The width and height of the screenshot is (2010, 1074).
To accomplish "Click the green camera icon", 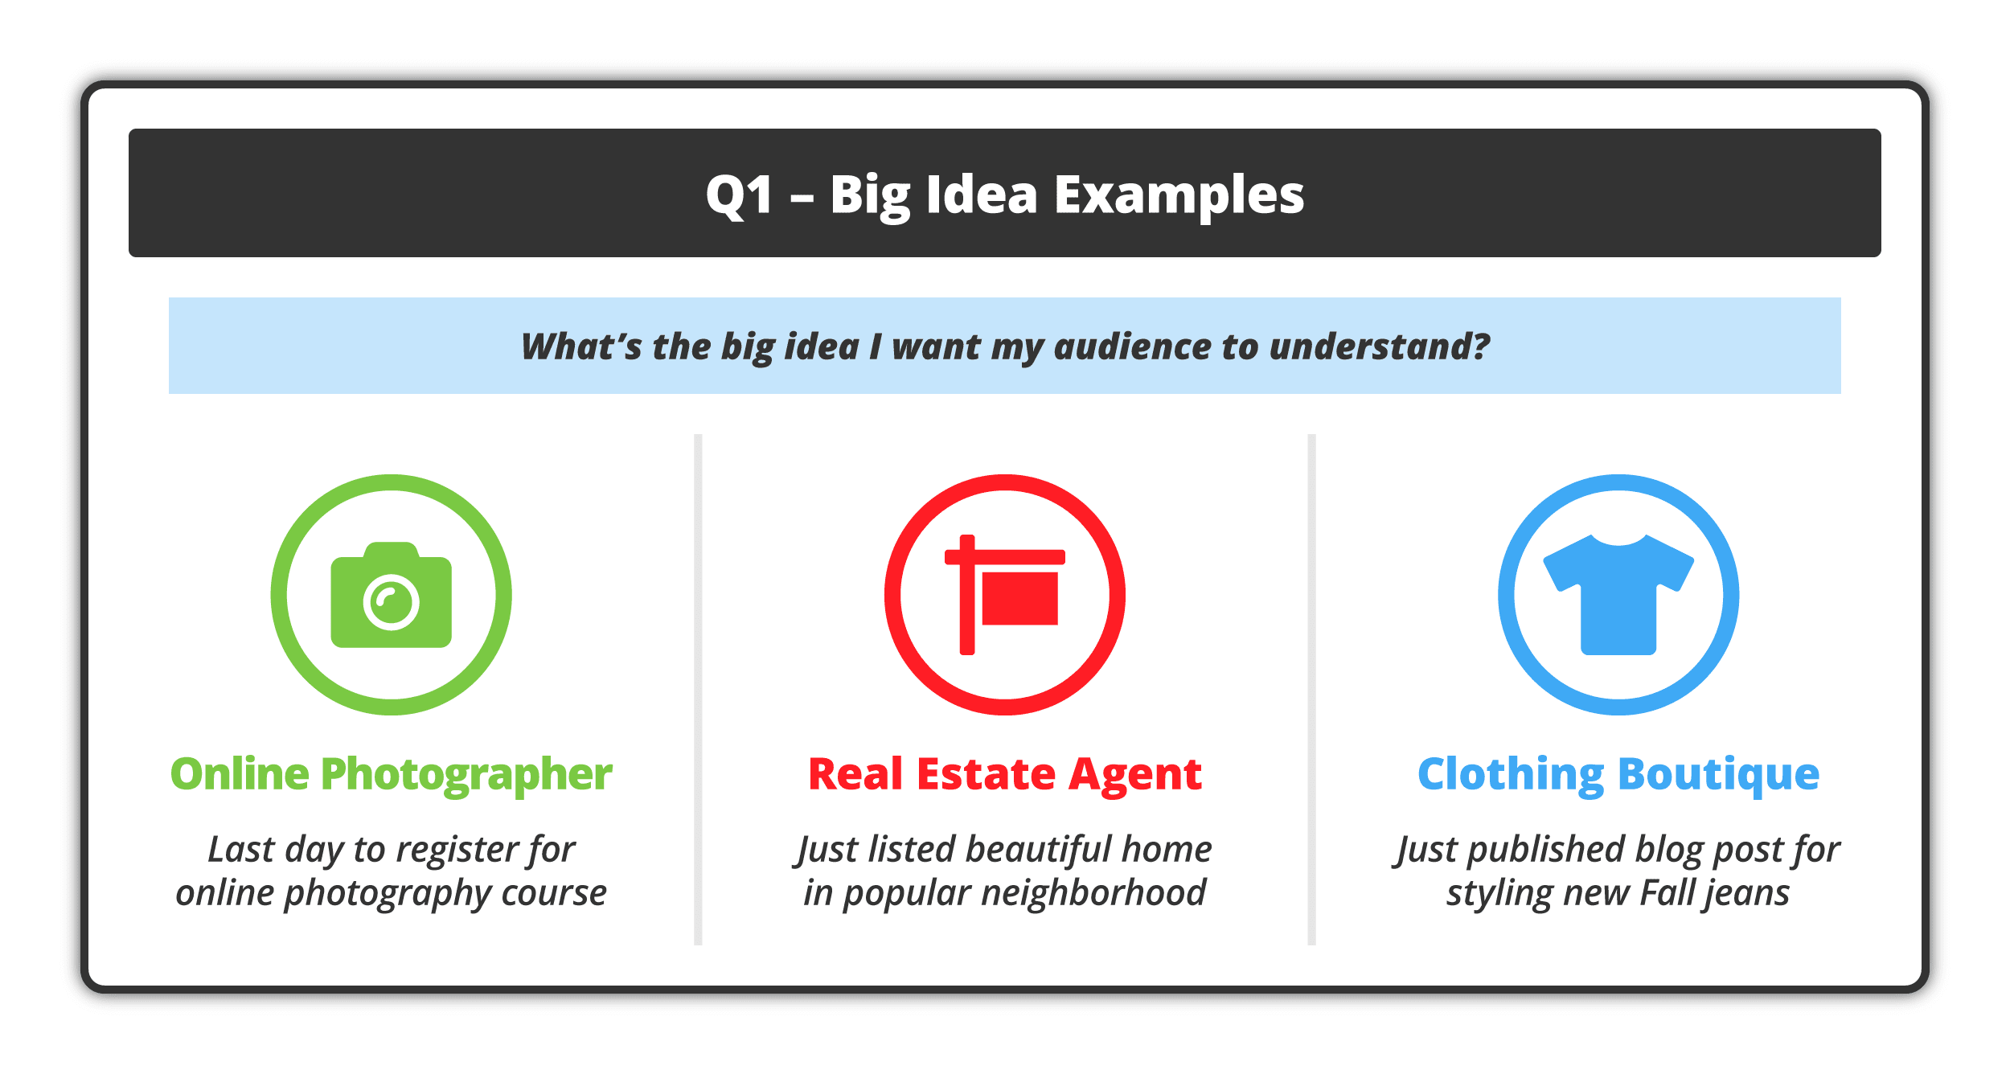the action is pyautogui.click(x=392, y=595).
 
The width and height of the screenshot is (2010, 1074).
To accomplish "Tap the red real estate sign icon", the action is pyautogui.click(x=1005, y=595).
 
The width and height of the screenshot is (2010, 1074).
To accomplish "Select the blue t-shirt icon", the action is pyautogui.click(x=1618, y=595).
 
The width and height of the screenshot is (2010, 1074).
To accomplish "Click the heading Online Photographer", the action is pyautogui.click(x=392, y=775).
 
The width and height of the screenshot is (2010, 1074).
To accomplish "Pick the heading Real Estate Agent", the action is pyautogui.click(x=1005, y=775).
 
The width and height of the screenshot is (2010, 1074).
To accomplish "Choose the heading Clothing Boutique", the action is pyautogui.click(x=1618, y=775).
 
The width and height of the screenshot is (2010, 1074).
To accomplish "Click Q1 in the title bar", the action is pyautogui.click(x=739, y=195).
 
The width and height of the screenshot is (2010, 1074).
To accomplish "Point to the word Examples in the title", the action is pyautogui.click(x=1179, y=196).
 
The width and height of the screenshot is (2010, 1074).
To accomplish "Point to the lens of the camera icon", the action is pyautogui.click(x=392, y=601).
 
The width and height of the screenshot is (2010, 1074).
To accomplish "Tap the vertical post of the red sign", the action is pyautogui.click(x=967, y=595).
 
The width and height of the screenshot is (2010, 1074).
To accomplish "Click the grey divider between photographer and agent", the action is pyautogui.click(x=698, y=690).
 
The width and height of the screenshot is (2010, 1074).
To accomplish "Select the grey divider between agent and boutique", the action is pyautogui.click(x=1311, y=690).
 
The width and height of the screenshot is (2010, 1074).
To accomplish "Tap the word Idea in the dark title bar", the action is pyautogui.click(x=982, y=195).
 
